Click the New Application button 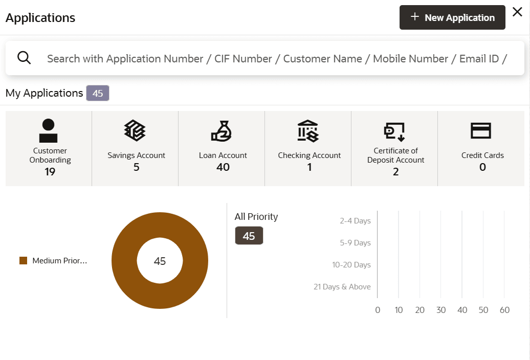[452, 18]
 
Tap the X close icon [517, 12]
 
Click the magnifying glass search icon [24, 58]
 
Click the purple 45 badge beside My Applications [97, 94]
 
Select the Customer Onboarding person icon [49, 130]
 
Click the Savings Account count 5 [136, 167]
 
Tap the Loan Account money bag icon [222, 131]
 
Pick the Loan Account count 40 [223, 167]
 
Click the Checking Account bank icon [308, 131]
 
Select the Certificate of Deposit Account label [395, 155]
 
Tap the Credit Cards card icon [481, 131]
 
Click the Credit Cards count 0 [482, 167]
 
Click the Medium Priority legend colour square [23, 261]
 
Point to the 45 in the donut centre [160, 261]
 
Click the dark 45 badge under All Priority [249, 236]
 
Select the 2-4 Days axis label [355, 221]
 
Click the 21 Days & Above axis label [342, 287]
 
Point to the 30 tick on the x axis [441, 310]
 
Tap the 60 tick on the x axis [504, 310]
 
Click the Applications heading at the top [40, 18]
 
